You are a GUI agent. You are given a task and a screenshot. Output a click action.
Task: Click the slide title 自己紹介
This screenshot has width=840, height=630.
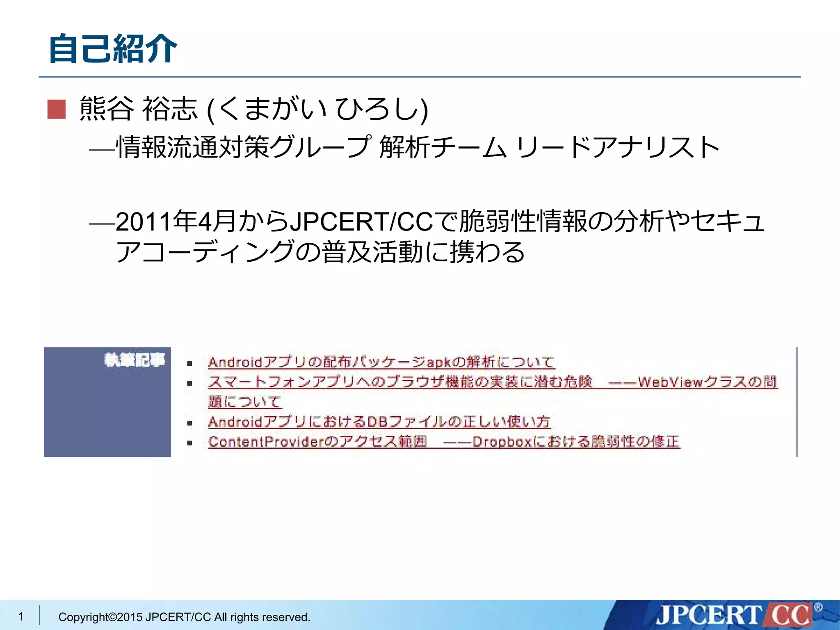(113, 49)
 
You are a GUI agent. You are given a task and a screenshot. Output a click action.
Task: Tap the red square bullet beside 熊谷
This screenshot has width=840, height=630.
(57, 110)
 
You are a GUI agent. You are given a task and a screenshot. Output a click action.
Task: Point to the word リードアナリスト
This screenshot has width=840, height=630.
(617, 147)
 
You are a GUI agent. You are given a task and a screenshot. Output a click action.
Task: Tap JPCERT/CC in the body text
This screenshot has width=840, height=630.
(361, 222)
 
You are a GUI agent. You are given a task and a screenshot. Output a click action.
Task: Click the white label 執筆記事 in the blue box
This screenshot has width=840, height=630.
(135, 360)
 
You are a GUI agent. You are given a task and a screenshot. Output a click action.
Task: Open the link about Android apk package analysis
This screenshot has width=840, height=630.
(381, 362)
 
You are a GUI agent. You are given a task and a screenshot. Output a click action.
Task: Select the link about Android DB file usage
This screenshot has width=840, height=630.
(379, 422)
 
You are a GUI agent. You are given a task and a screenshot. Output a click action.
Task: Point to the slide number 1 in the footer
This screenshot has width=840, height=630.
(21, 616)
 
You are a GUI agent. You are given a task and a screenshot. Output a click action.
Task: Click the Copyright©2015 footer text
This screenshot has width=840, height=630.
(184, 617)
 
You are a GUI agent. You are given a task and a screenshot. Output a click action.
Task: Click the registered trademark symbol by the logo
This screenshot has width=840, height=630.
(818, 607)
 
